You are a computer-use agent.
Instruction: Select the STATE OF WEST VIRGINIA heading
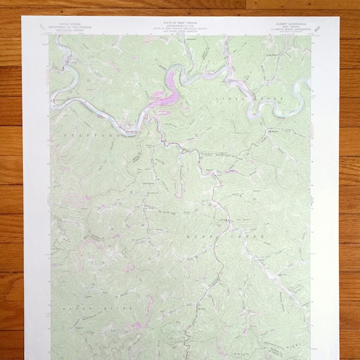[x=180, y=20]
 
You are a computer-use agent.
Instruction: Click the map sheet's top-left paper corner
[x=22, y=16]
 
